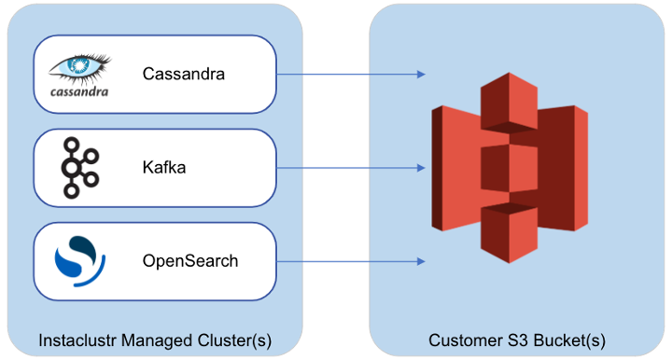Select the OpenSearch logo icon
tap(76, 261)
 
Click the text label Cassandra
tap(183, 74)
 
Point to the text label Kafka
tap(163, 168)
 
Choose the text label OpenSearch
tap(189, 261)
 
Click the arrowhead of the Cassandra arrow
tap(421, 74)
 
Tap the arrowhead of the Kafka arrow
tap(421, 168)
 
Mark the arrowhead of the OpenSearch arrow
tap(421, 261)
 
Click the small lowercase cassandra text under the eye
tap(78, 91)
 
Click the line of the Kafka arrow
tap(345, 168)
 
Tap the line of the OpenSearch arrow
tap(345, 261)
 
